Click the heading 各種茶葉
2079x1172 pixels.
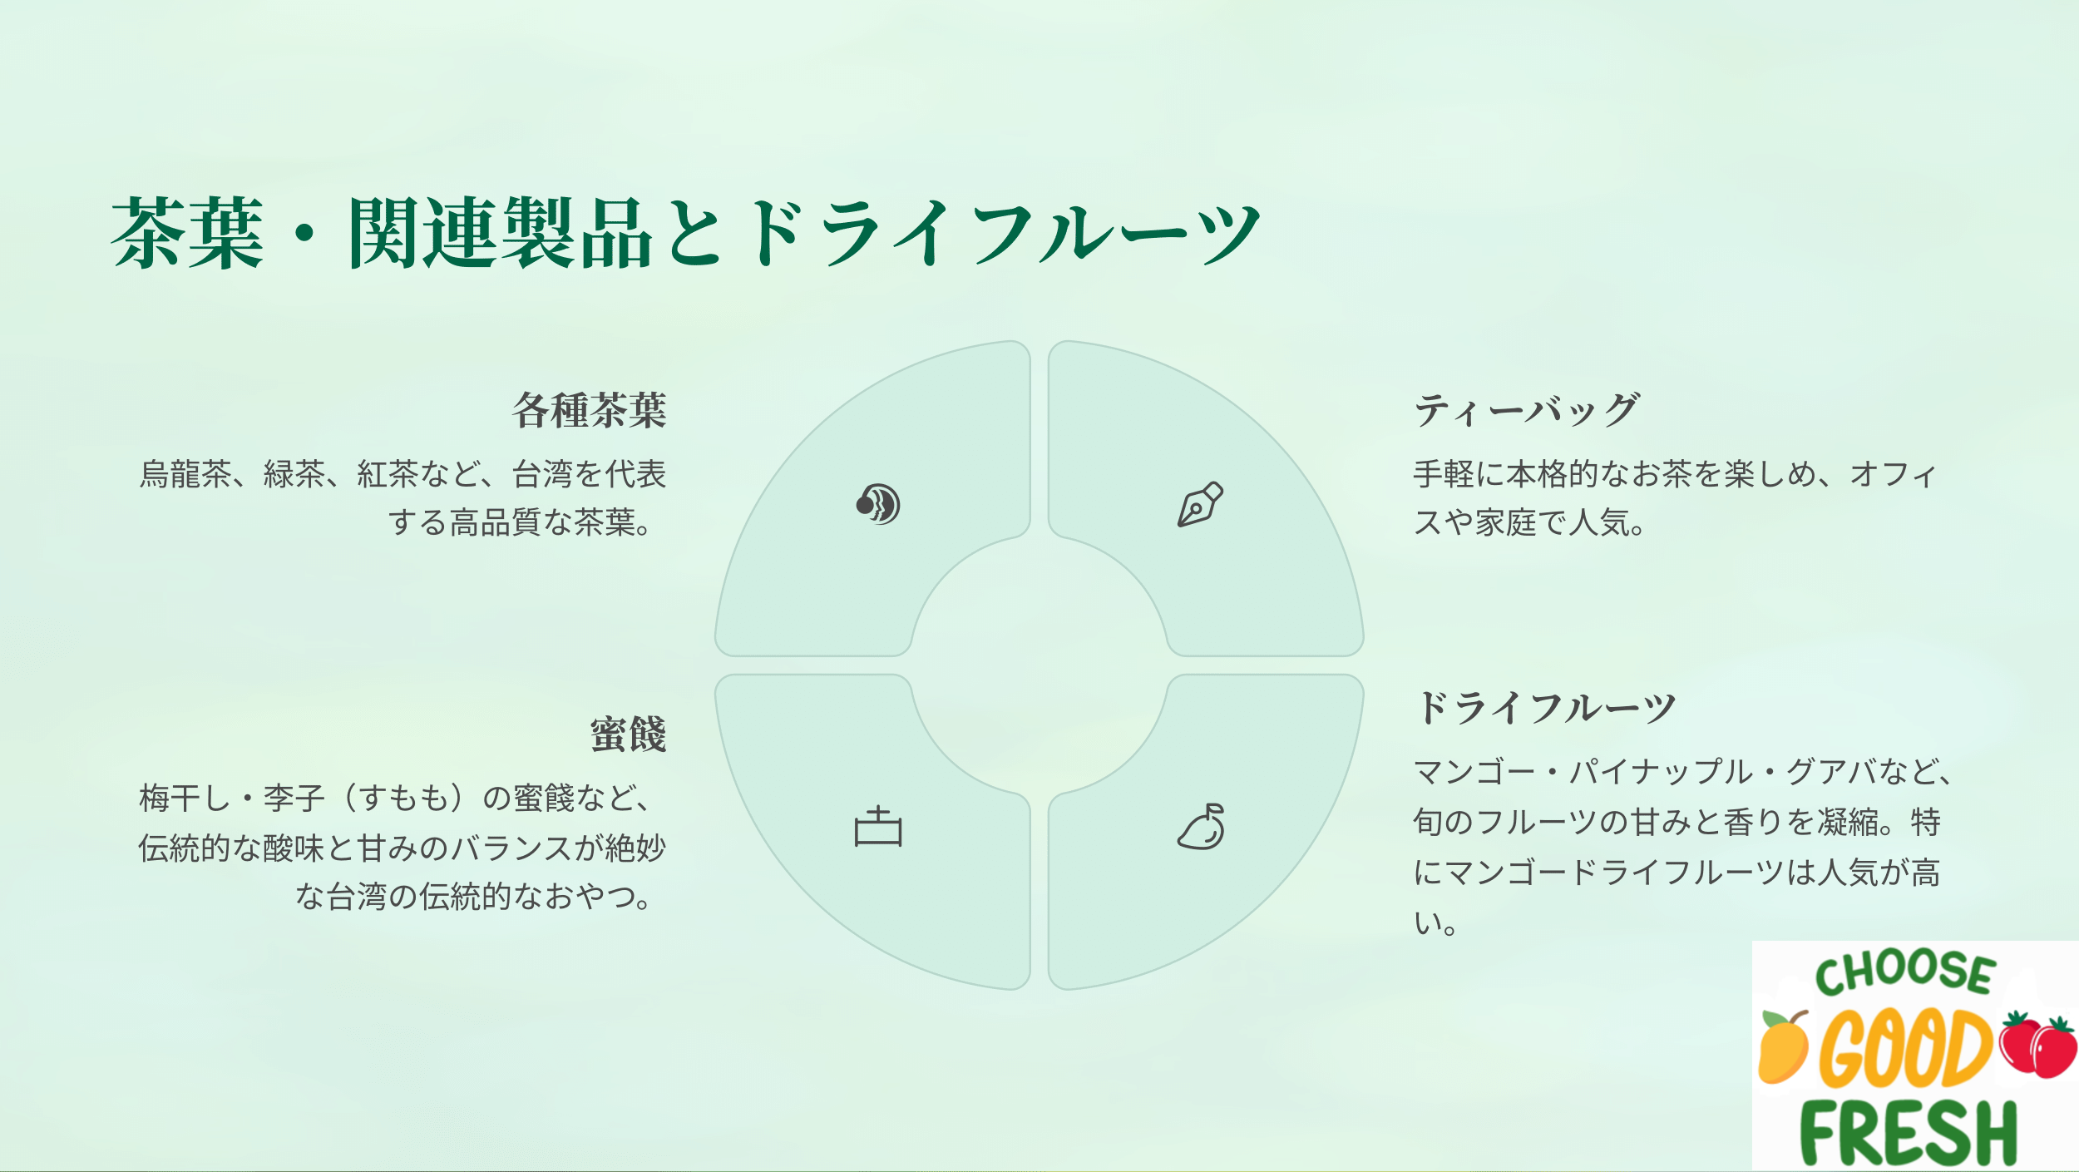[589, 410]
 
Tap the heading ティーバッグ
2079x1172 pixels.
[1526, 410]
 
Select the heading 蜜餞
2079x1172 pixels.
[628, 734]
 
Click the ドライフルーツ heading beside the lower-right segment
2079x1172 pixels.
[1545, 708]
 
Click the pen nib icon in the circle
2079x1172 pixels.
[1200, 504]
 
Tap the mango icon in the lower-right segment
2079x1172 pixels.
[1201, 826]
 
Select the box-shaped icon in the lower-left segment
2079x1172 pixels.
[878, 826]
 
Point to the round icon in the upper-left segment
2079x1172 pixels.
[878, 504]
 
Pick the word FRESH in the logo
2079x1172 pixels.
[1909, 1133]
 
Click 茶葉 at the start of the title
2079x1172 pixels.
[188, 233]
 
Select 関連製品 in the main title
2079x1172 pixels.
[500, 233]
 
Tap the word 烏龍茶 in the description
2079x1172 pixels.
[185, 474]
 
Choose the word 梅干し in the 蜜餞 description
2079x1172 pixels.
[185, 799]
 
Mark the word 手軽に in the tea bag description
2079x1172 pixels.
[1459, 474]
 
